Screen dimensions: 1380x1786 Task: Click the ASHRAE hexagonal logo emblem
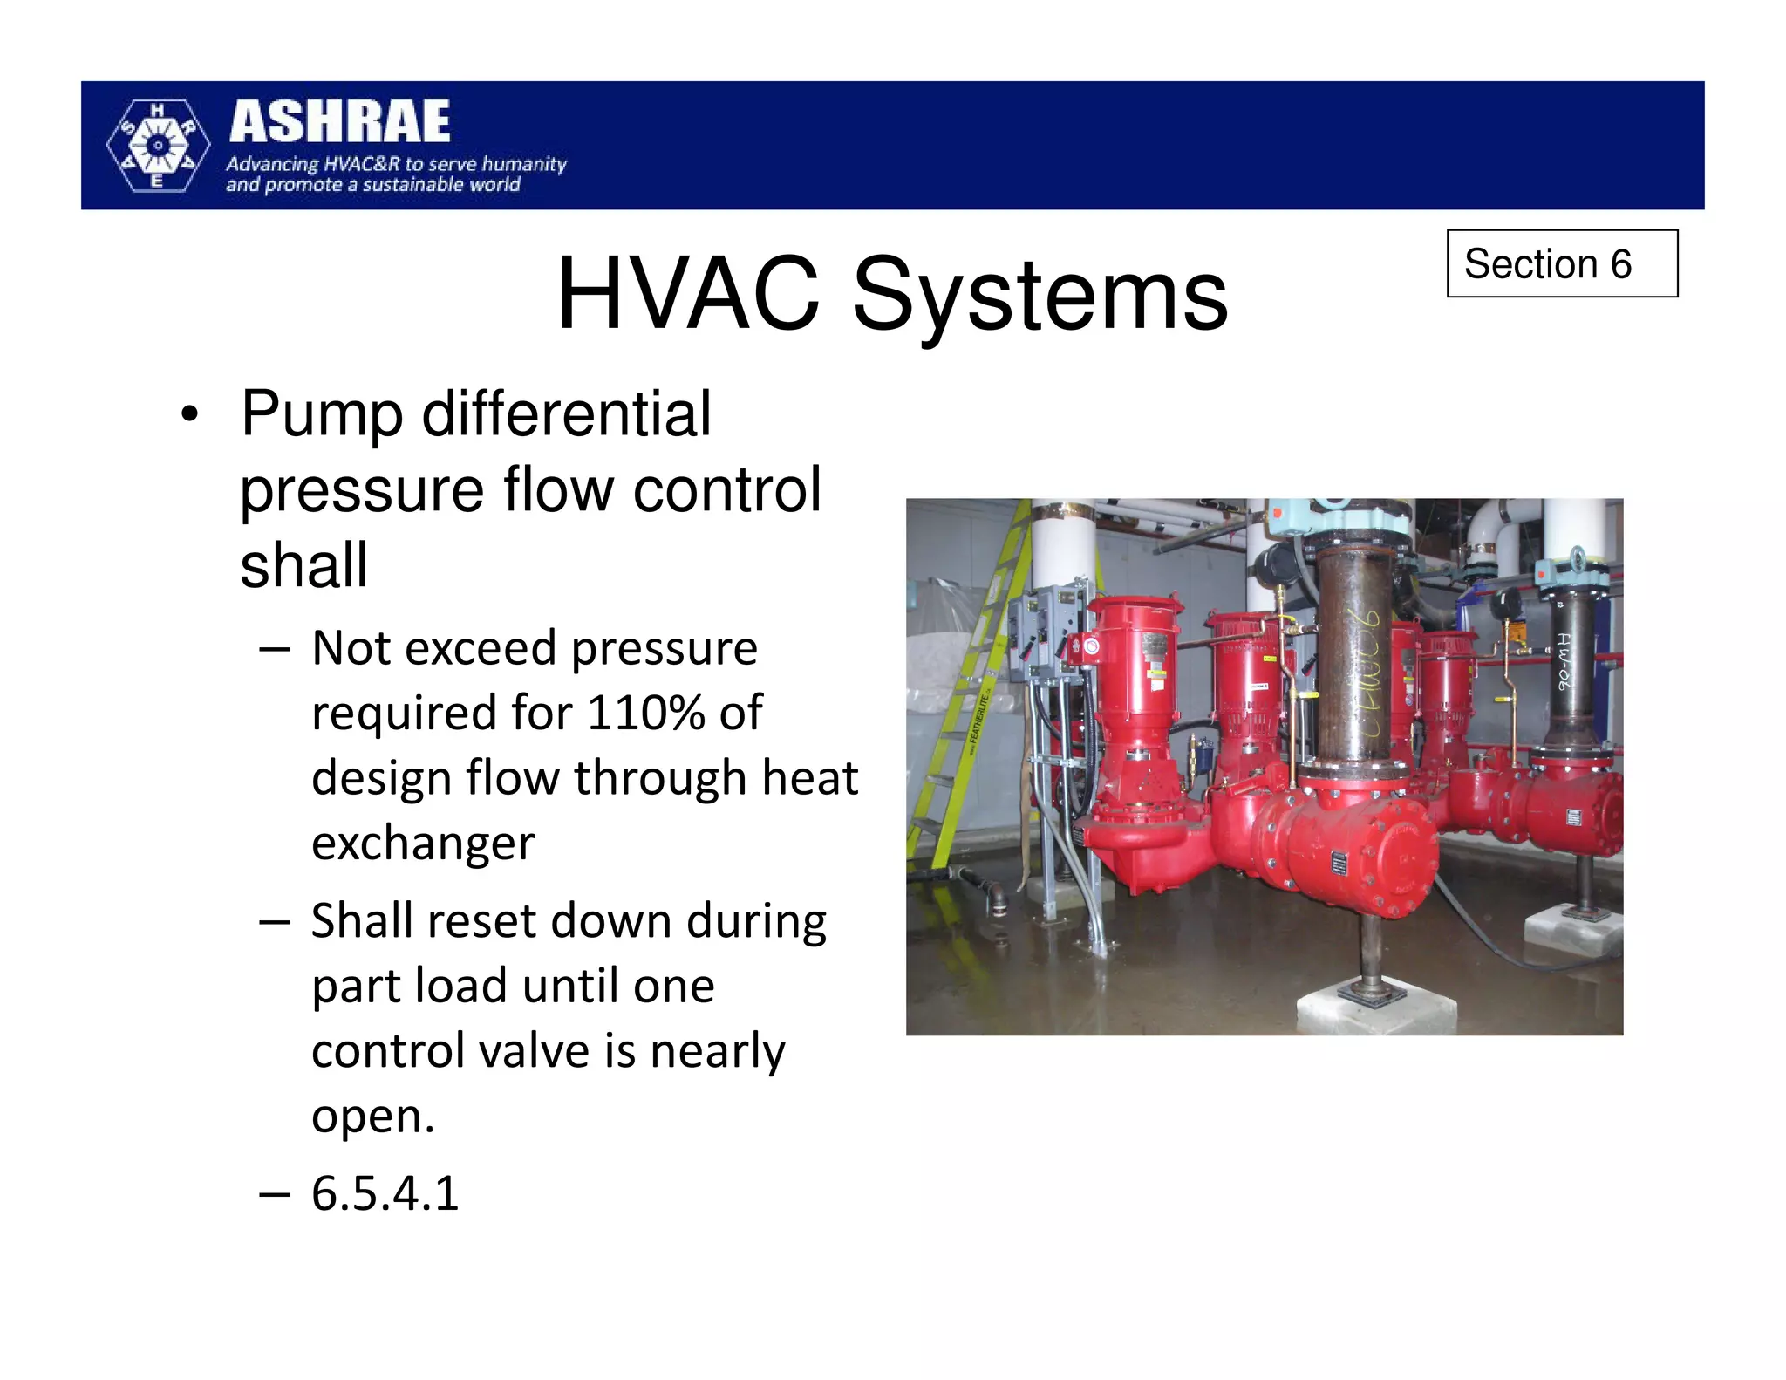pyautogui.click(x=158, y=146)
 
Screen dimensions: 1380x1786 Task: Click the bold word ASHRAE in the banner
pyautogui.click(x=340, y=122)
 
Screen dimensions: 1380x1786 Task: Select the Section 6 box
pyautogui.click(x=1561, y=263)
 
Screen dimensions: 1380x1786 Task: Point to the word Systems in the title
pyautogui.click(x=1040, y=297)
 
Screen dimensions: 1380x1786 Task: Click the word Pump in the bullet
pyautogui.click(x=322, y=413)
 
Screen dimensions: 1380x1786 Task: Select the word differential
pyautogui.click(x=567, y=413)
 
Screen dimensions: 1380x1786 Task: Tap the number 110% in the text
pyautogui.click(x=646, y=713)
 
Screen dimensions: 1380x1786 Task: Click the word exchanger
pyautogui.click(x=423, y=844)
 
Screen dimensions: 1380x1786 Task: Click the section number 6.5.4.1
pyautogui.click(x=385, y=1193)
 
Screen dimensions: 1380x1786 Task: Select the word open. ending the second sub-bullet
pyautogui.click(x=372, y=1116)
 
